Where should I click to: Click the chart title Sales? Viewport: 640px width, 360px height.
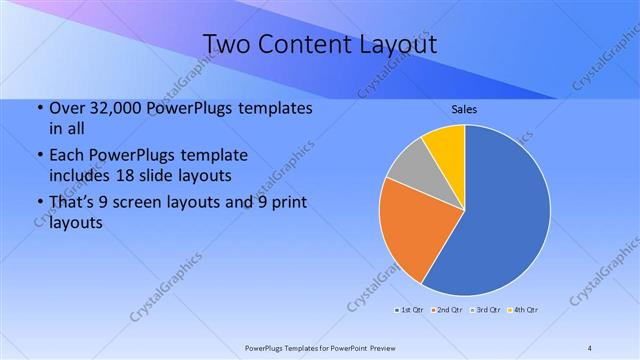[464, 108]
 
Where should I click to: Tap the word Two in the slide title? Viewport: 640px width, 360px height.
[227, 45]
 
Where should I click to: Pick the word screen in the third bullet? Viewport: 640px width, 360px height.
[145, 203]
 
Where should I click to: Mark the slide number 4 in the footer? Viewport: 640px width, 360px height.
[590, 347]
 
